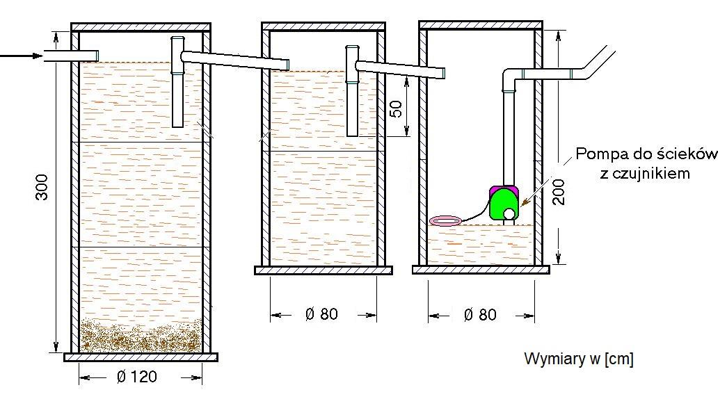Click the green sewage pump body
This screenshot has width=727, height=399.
click(x=504, y=203)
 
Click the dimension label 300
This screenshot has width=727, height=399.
click(x=42, y=187)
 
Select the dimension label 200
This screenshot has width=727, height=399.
click(x=559, y=192)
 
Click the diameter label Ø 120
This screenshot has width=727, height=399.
click(x=137, y=376)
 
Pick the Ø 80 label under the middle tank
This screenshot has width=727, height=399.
click(x=321, y=313)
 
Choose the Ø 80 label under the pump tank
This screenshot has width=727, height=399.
click(x=480, y=315)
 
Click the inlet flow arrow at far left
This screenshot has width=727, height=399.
click(x=22, y=56)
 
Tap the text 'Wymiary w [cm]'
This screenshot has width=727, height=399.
click(x=579, y=359)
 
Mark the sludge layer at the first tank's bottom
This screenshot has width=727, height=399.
click(x=141, y=336)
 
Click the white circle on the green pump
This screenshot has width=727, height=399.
click(x=509, y=213)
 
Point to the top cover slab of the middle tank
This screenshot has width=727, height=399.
click(x=323, y=26)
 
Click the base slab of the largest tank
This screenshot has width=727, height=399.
click(x=141, y=357)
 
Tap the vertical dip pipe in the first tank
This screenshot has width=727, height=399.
click(x=177, y=82)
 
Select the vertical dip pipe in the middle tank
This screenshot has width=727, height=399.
click(x=353, y=91)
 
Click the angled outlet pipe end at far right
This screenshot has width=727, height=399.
click(x=598, y=62)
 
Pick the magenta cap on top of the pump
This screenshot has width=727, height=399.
click(x=504, y=188)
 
